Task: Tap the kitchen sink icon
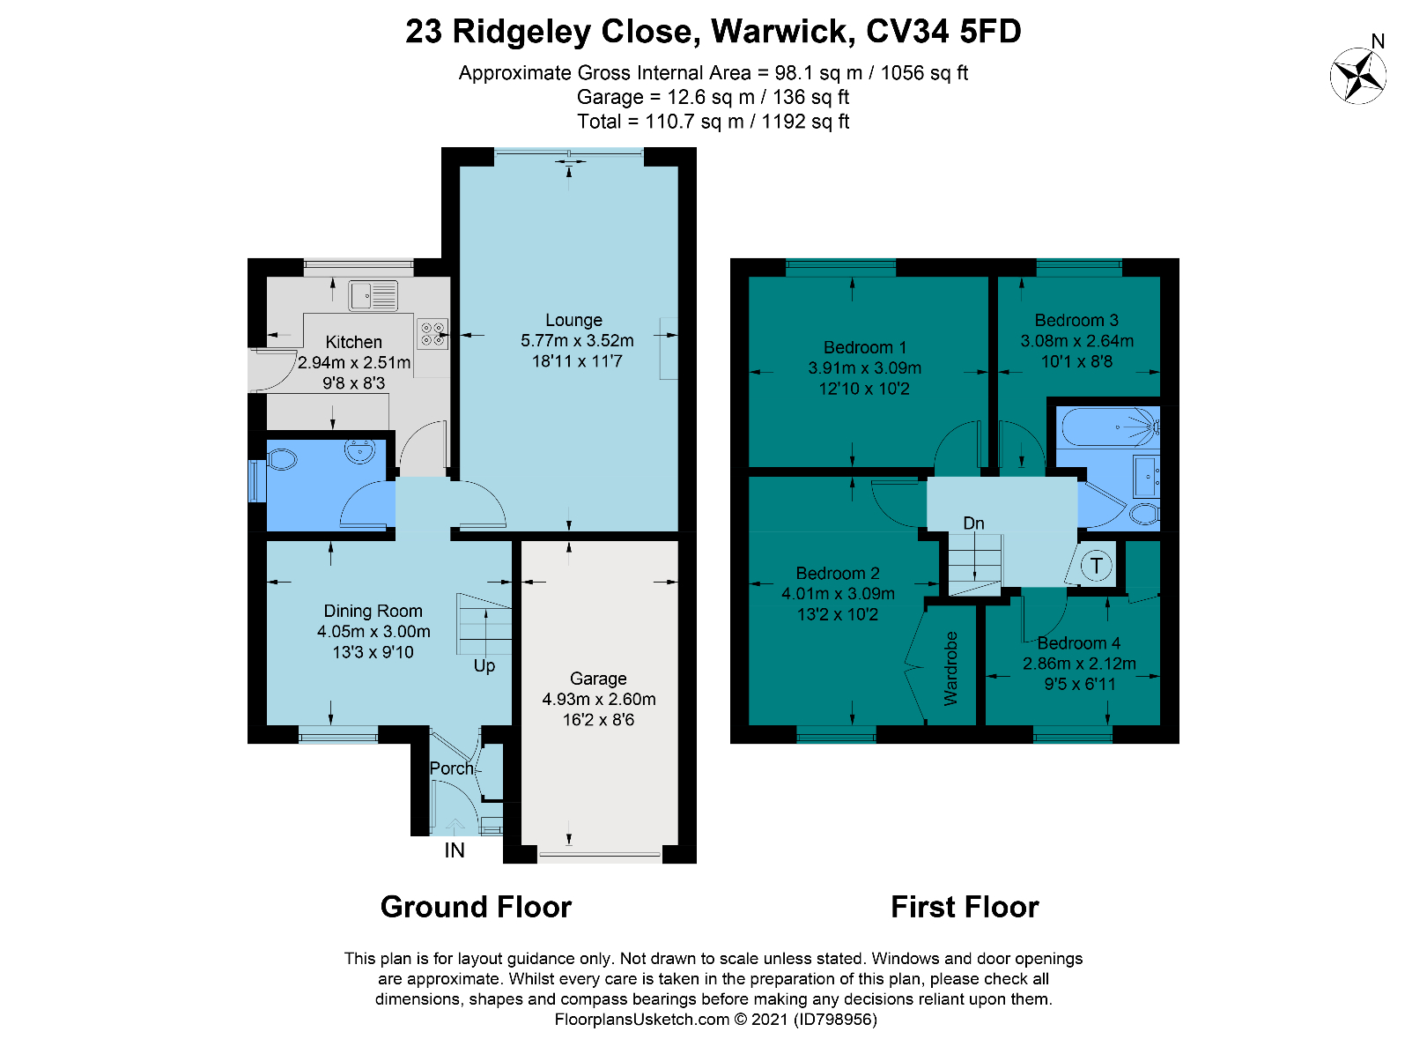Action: coord(373,296)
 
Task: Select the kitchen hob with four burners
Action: coord(433,334)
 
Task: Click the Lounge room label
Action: coord(573,320)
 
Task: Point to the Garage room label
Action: coord(598,679)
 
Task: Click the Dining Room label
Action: coord(373,611)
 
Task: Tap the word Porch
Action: coord(451,768)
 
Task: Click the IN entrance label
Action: coord(455,850)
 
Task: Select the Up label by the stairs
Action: coord(484,666)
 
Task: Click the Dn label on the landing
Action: coord(973,523)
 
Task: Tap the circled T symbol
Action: coord(1096,565)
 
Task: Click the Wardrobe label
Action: coord(950,669)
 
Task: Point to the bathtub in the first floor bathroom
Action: coord(1108,427)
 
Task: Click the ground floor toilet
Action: coord(282,460)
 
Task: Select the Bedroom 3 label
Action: coord(1076,320)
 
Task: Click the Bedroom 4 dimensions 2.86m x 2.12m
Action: coord(1079,664)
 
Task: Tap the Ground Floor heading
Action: coord(476,907)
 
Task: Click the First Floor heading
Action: coord(965,907)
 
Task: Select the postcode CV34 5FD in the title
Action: coord(943,31)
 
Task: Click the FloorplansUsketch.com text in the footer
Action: coord(641,1020)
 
